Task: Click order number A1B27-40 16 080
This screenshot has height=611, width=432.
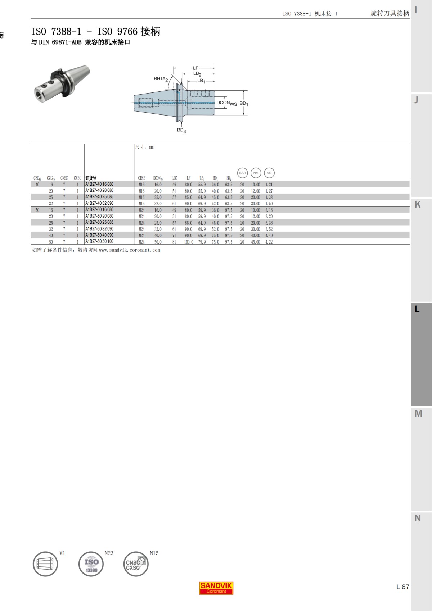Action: tap(99, 184)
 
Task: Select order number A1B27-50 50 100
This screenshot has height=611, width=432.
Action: tap(99, 241)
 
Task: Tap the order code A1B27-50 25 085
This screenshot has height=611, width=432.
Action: tap(99, 222)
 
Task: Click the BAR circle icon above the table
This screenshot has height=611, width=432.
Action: tap(242, 173)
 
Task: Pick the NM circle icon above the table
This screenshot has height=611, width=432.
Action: tap(256, 173)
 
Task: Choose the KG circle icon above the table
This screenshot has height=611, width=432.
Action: tap(269, 173)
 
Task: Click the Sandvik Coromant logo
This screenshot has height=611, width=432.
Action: tap(216, 588)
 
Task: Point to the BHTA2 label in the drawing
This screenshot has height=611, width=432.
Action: tap(161, 79)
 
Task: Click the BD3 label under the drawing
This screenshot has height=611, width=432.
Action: tap(181, 130)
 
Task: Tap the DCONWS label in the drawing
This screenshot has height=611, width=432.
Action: tap(226, 103)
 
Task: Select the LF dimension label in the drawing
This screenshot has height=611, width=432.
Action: tap(195, 68)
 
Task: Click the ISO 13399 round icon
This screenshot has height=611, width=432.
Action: tap(91, 564)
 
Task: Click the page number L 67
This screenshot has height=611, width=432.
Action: tap(402, 587)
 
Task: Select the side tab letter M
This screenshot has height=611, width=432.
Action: tap(418, 414)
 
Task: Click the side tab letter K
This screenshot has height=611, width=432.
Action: tap(418, 204)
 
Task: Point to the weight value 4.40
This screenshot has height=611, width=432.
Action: tap(269, 236)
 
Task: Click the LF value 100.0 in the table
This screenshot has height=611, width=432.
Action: tap(189, 242)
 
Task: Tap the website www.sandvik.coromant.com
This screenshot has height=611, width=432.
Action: tap(129, 250)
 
